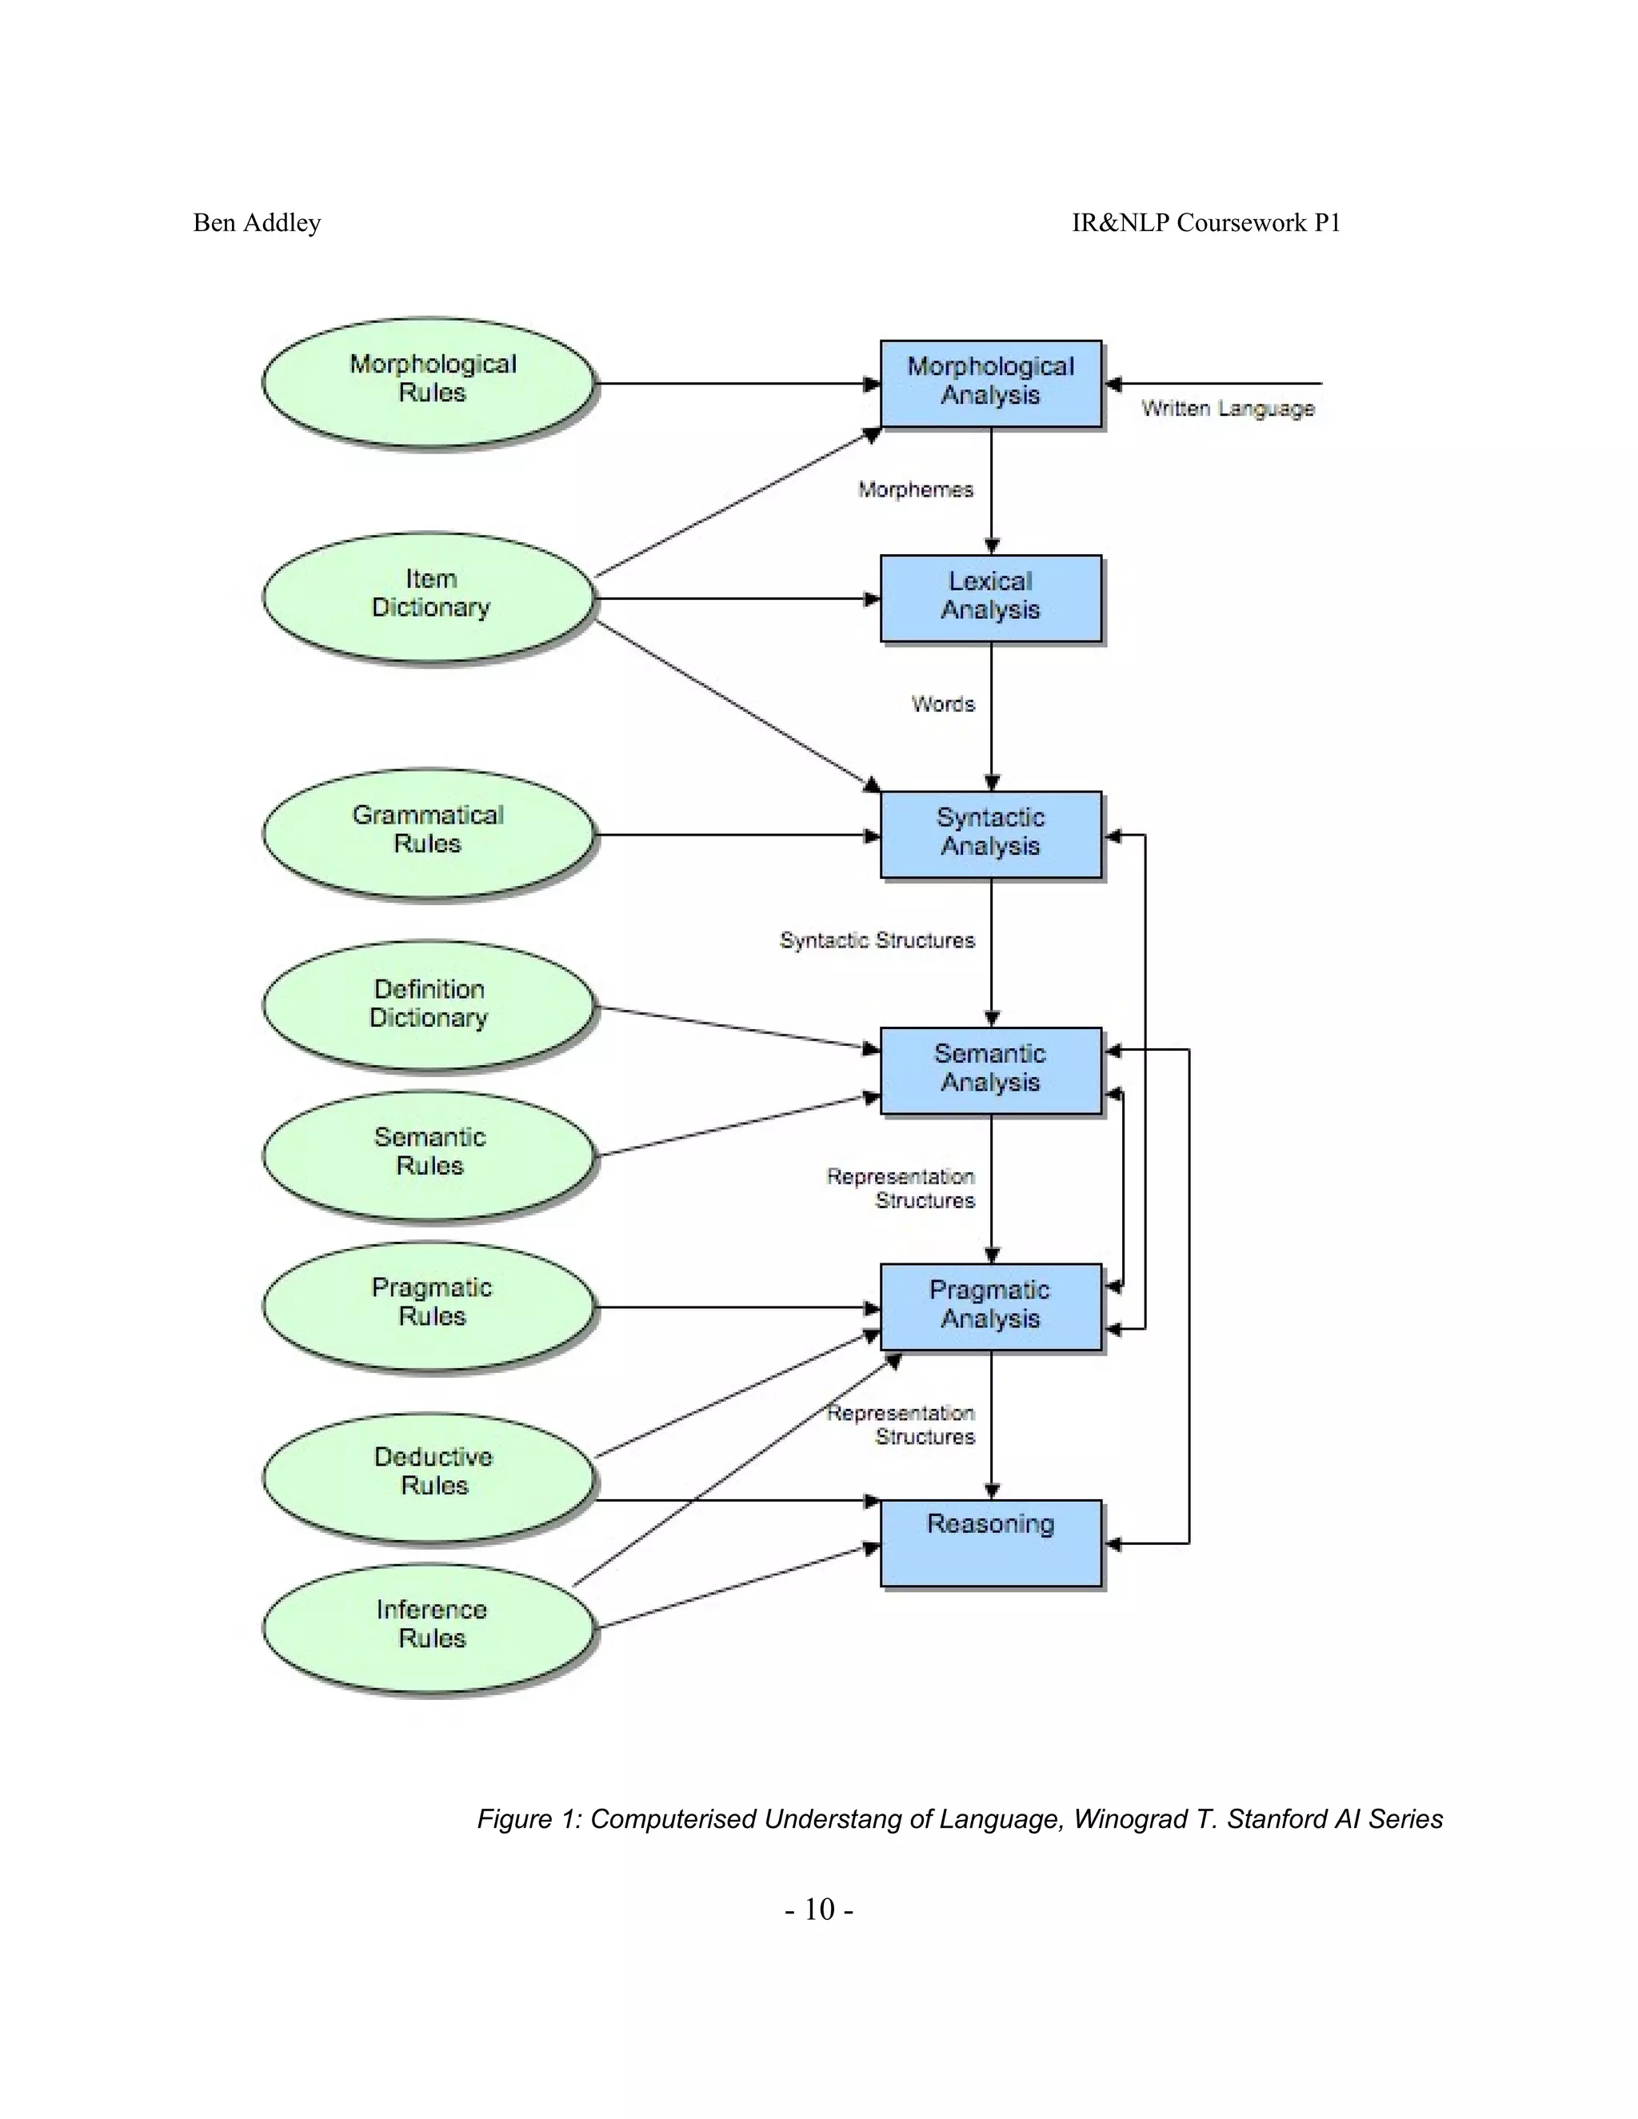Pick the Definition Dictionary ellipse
pos(429,1005)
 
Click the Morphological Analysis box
pos(991,382)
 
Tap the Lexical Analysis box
pos(991,597)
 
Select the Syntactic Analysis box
pos(991,833)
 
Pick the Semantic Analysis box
pos(991,1069)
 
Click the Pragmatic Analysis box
pos(991,1306)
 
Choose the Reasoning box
pos(991,1542)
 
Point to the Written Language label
pos(1228,409)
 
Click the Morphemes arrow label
pos(915,490)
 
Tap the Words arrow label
pos(942,704)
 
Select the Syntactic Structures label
pos(877,940)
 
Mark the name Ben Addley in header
pos(258,223)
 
